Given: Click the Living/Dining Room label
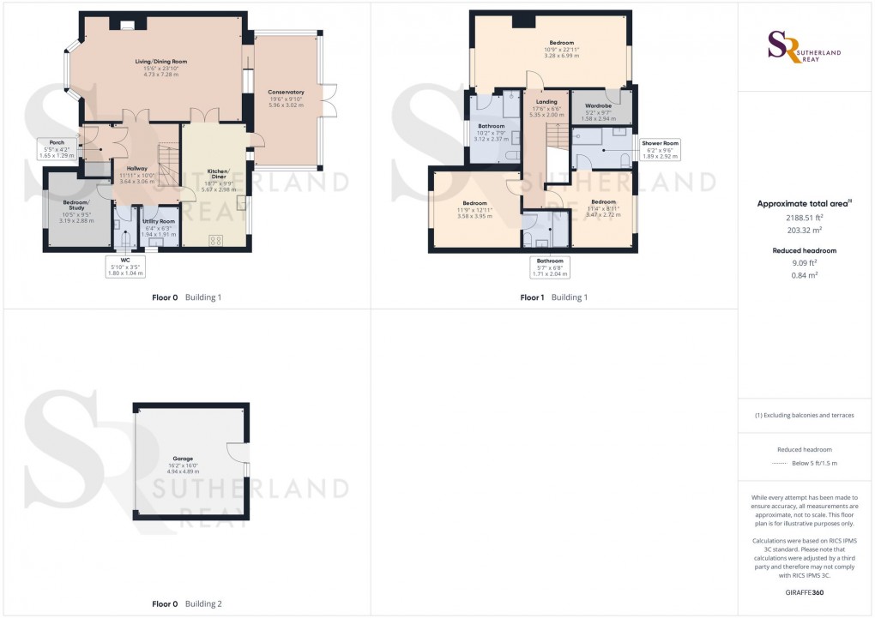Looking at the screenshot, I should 161,62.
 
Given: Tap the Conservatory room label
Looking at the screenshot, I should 287,92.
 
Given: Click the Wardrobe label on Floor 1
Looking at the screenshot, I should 598,106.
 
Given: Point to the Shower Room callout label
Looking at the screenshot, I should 660,143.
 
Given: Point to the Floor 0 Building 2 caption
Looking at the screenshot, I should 187,604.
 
